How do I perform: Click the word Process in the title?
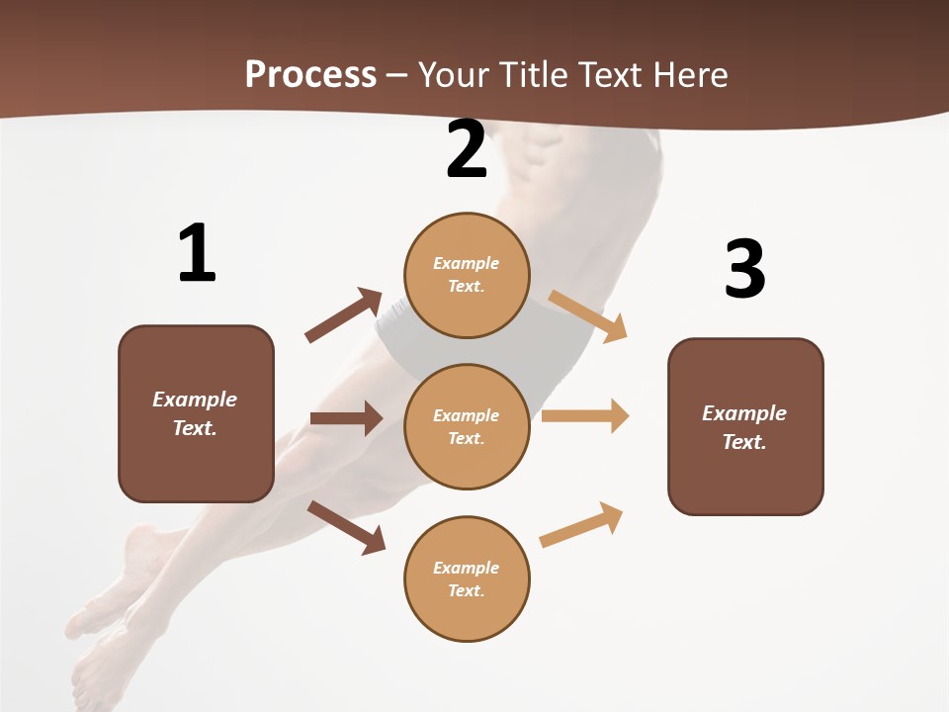tap(310, 74)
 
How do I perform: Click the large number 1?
tap(197, 254)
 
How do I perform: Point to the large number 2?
tap(467, 149)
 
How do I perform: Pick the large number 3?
tap(745, 270)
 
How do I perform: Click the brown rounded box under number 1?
tap(196, 413)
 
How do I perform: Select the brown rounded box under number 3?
tap(745, 426)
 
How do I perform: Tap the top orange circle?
tap(467, 275)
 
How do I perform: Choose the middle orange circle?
tap(467, 426)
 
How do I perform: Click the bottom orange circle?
tap(467, 578)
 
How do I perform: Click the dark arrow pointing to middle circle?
tap(346, 418)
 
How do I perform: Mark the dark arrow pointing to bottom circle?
tap(346, 527)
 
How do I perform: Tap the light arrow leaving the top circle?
tap(588, 315)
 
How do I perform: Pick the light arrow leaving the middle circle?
tap(585, 416)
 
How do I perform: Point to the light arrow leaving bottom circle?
tap(581, 524)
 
